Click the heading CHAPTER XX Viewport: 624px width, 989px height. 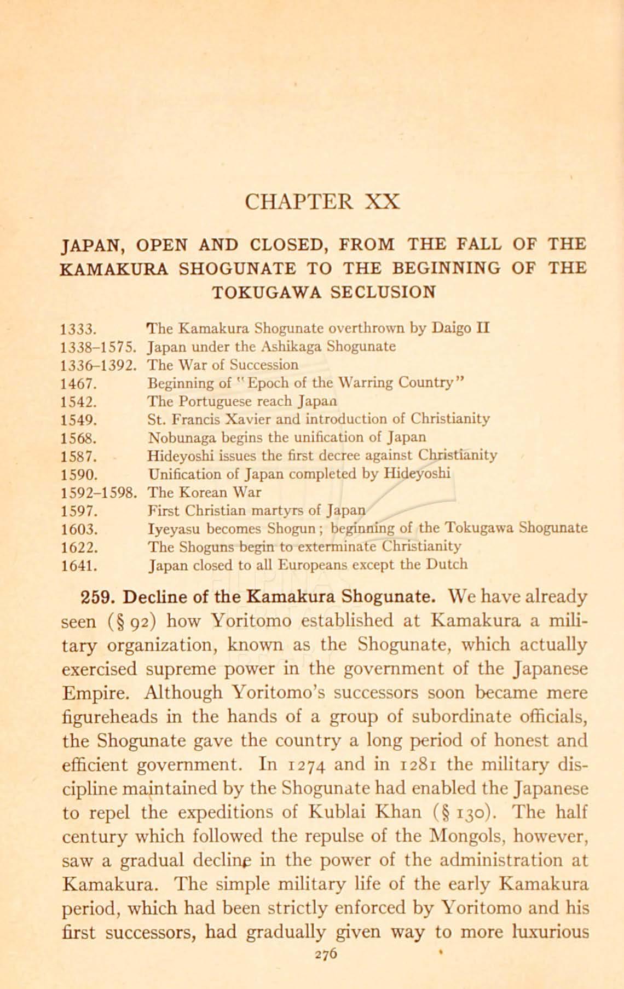click(x=322, y=201)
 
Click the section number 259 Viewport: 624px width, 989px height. click(x=97, y=596)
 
